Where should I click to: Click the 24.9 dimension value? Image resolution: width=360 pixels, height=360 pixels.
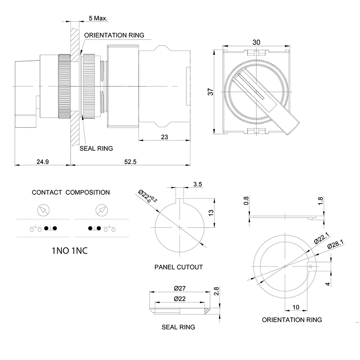click(42, 162)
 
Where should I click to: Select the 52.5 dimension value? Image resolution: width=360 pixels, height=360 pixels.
click(130, 162)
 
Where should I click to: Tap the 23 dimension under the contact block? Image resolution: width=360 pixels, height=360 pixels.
click(164, 137)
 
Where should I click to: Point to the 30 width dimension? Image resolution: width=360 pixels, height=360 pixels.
click(256, 42)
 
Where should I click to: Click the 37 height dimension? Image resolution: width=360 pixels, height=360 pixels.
click(211, 91)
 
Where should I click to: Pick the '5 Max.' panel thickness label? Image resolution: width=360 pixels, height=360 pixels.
click(98, 18)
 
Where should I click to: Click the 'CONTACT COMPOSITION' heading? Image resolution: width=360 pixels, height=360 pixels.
click(71, 192)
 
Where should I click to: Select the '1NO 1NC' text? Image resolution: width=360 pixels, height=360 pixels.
click(70, 251)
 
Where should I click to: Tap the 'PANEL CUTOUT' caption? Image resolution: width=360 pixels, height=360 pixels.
click(178, 267)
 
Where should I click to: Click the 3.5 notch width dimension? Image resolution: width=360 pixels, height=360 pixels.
click(197, 184)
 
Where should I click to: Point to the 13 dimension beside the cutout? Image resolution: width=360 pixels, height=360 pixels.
click(211, 212)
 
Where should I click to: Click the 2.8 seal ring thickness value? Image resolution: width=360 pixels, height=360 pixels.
click(216, 291)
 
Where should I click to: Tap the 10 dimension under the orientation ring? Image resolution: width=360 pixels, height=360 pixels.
click(296, 307)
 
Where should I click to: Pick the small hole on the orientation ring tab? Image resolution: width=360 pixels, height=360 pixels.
click(310, 266)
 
